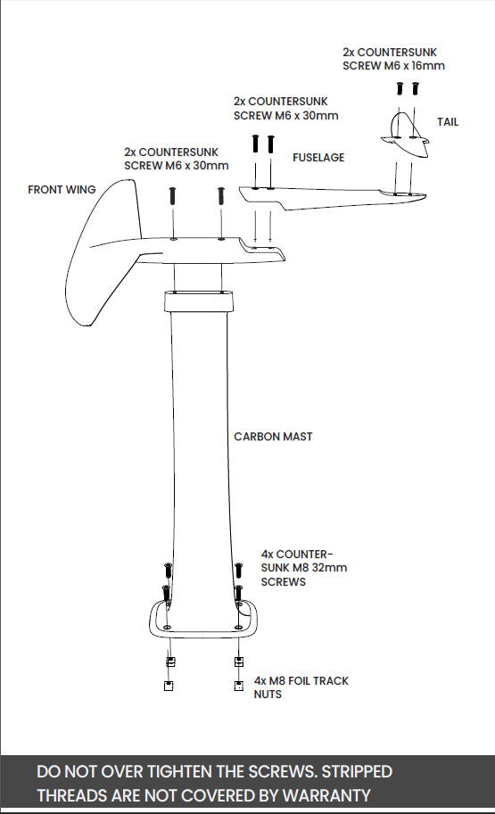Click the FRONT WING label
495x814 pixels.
pyautogui.click(x=62, y=190)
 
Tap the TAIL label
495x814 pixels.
pyautogui.click(x=448, y=121)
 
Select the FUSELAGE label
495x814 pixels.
pyautogui.click(x=318, y=158)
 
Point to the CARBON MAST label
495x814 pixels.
pyautogui.click(x=273, y=437)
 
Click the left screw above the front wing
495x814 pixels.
pyautogui.click(x=173, y=195)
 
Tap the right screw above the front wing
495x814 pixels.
pyautogui.click(x=219, y=195)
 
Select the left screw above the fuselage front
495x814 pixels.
pyautogui.click(x=256, y=144)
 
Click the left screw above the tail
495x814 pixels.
pyautogui.click(x=400, y=89)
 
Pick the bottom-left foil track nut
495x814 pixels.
pyautogui.click(x=168, y=686)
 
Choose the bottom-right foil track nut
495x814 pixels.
pyautogui.click(x=238, y=686)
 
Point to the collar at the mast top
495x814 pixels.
pyautogui.click(x=198, y=300)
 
